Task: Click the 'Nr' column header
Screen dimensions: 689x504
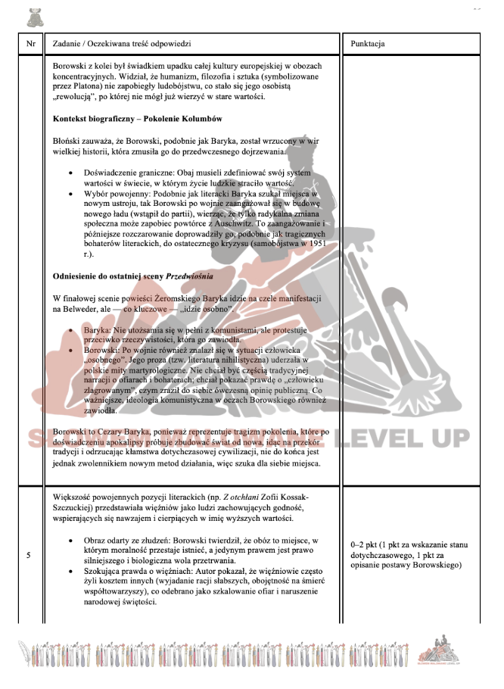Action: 30,44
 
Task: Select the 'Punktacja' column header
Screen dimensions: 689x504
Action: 369,44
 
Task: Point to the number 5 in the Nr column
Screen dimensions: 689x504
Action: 29,556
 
